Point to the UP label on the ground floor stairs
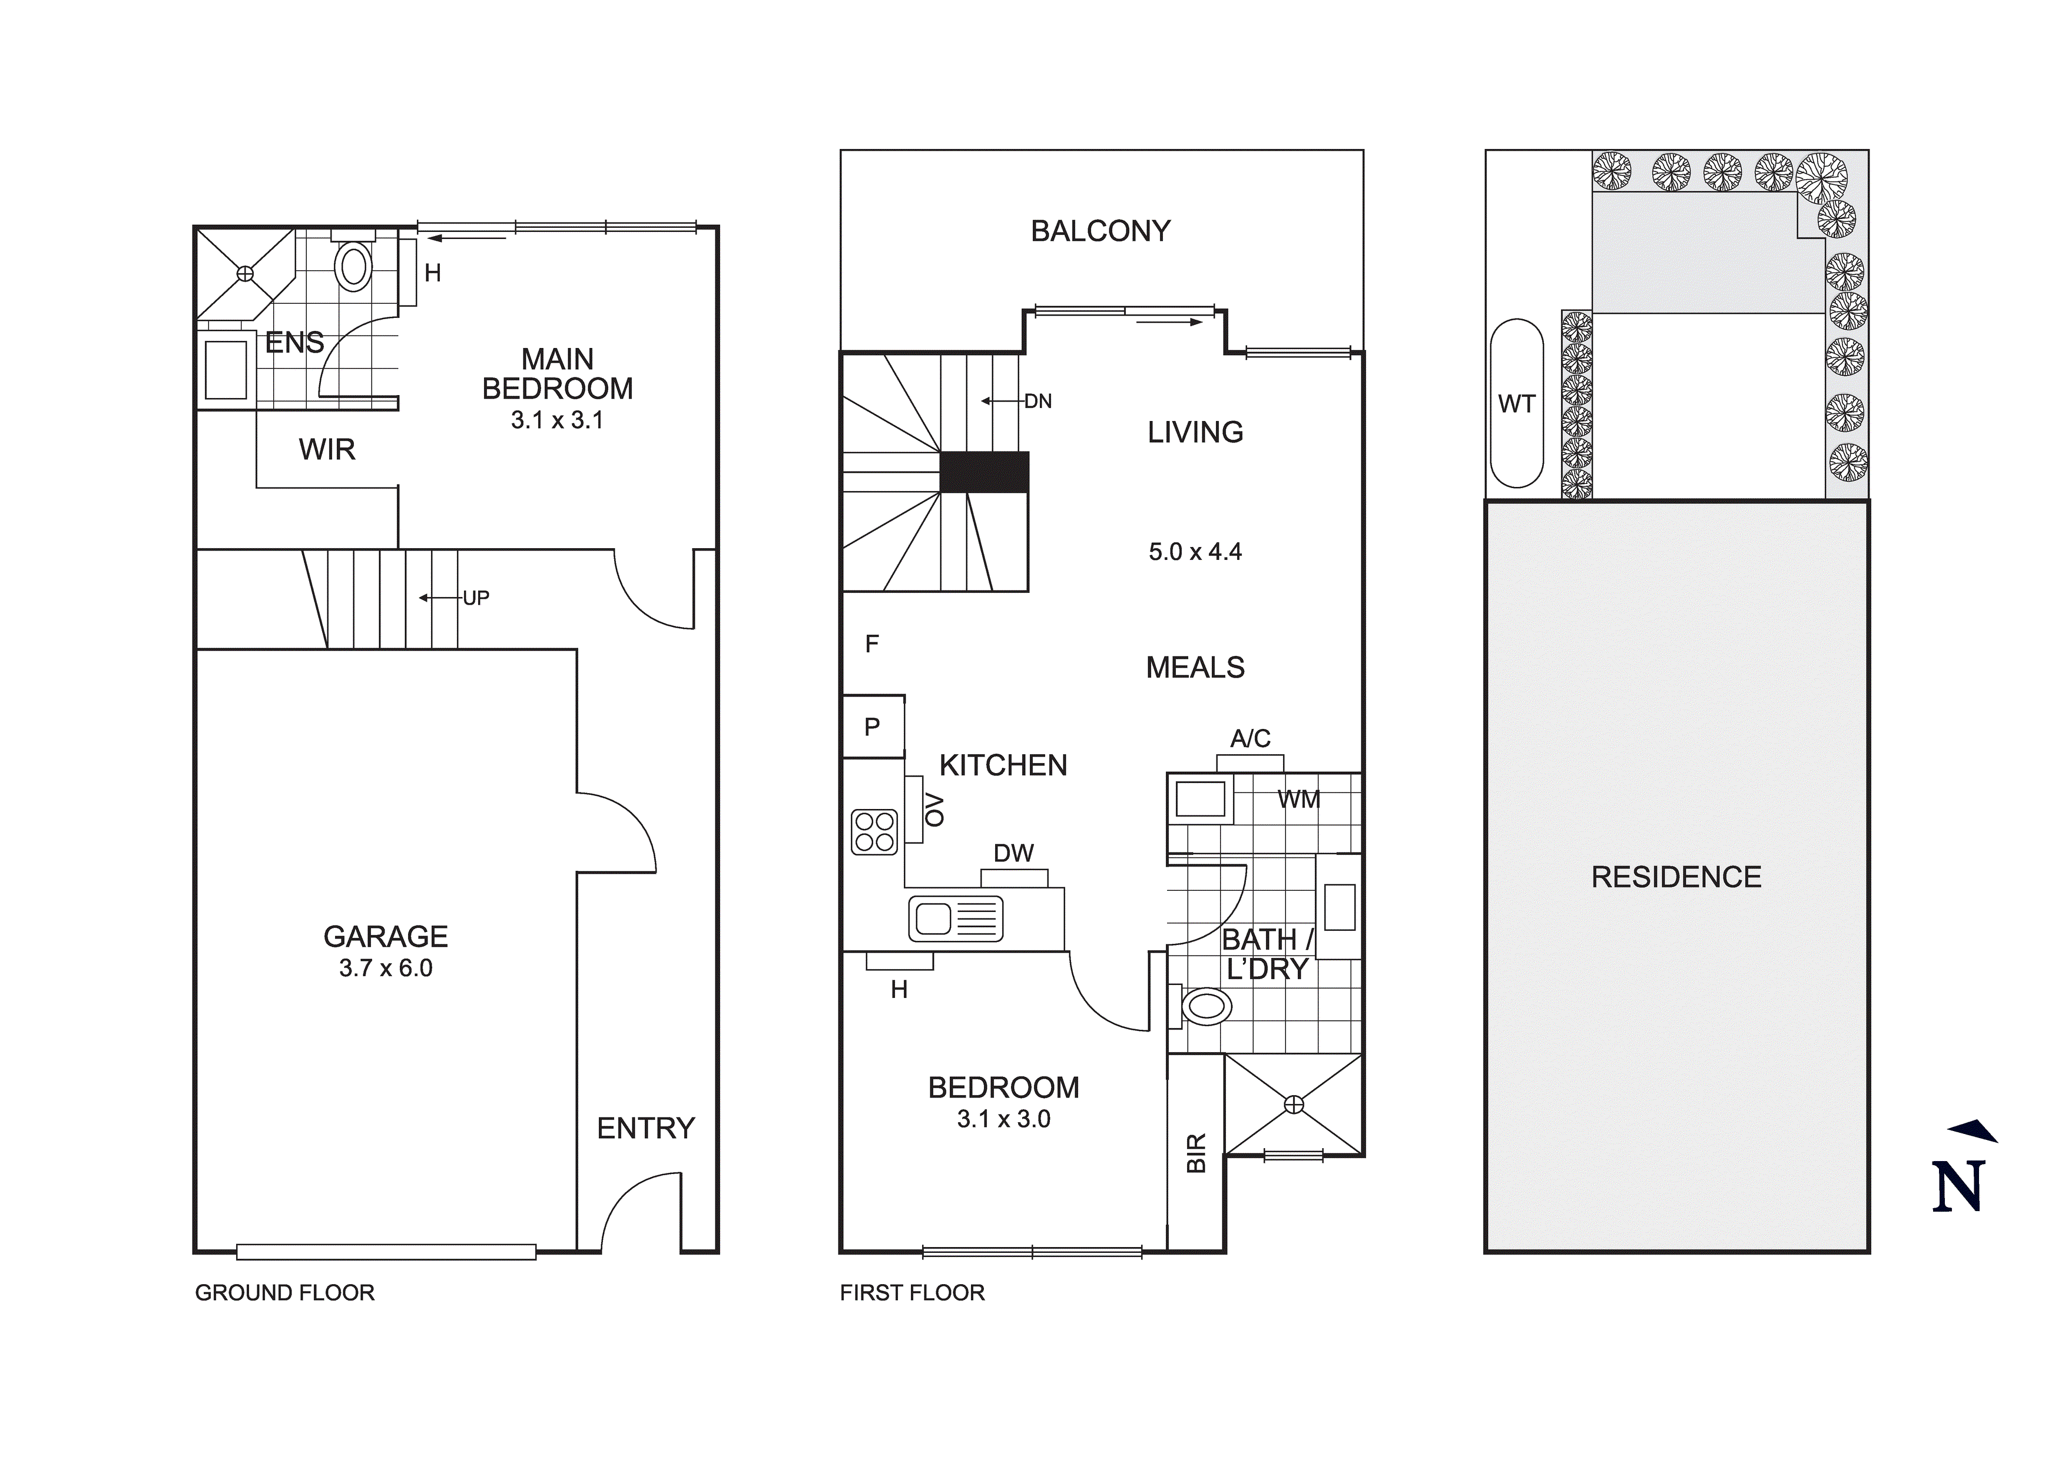pos(476,598)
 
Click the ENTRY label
pos(646,1128)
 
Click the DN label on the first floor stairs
pos(1038,401)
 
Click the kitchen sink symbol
pos(955,918)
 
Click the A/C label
pos(1249,738)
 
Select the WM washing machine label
pos(1299,799)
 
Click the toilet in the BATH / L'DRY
pos(1205,1007)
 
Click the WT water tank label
pos(1516,404)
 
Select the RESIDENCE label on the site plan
pos(1676,877)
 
